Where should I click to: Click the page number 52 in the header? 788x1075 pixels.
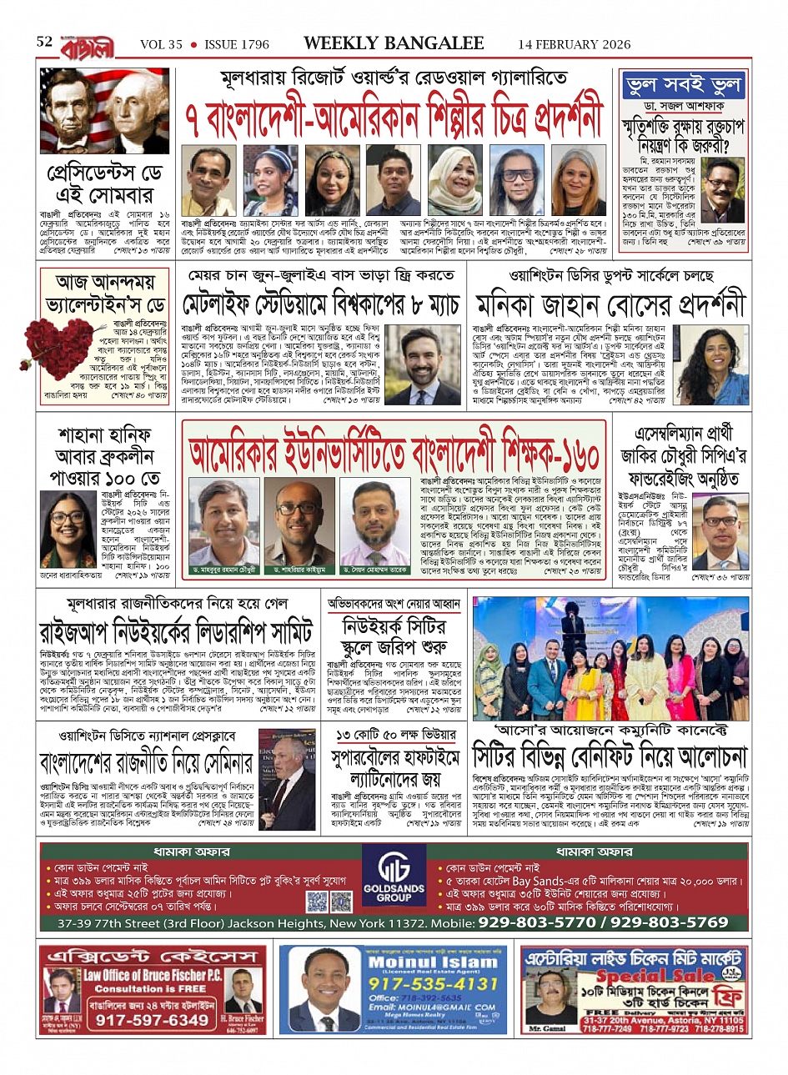(44, 42)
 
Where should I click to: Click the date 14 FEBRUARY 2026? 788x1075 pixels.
(575, 44)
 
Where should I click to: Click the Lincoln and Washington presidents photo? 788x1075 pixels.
(104, 111)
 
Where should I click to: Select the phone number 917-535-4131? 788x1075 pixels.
(433, 983)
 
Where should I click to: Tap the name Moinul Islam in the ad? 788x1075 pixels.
(433, 962)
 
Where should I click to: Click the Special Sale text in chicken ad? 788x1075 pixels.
(665, 976)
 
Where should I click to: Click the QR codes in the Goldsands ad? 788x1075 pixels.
(329, 902)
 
